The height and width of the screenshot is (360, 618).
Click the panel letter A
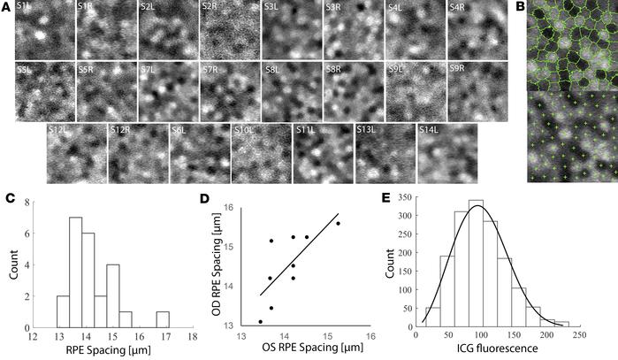[x=6, y=7]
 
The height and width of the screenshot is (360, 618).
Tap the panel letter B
[x=520, y=7]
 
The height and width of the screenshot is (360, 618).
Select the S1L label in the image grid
[x=24, y=8]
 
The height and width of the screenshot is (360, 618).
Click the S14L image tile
[x=446, y=151]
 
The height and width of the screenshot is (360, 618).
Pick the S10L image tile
[x=262, y=151]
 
